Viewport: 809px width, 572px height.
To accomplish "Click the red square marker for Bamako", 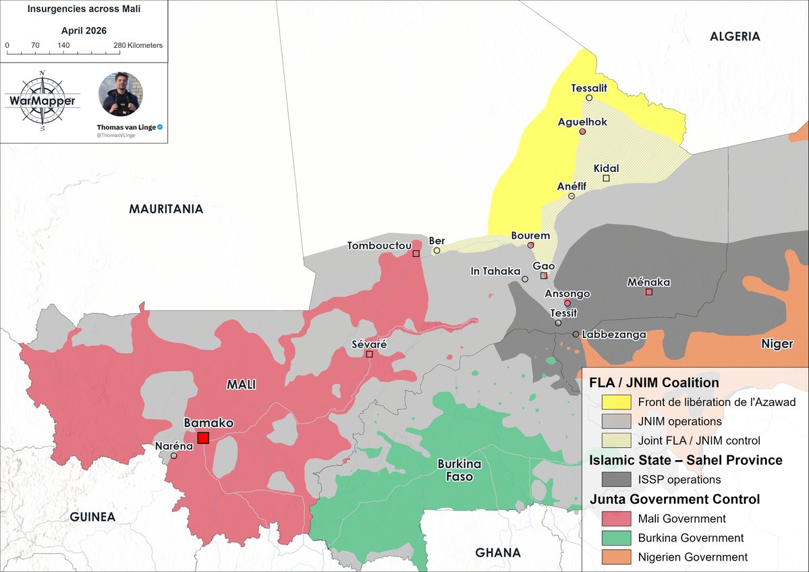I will point(203,438).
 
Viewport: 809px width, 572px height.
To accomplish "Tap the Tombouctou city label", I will point(379,246).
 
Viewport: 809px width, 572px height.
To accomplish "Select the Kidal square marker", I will point(606,178).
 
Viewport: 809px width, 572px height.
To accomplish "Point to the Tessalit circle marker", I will point(589,98).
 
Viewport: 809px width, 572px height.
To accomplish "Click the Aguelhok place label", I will point(582,122).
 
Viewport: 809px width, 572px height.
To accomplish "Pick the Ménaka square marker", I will point(648,292).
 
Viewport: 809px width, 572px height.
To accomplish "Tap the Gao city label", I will point(544,266).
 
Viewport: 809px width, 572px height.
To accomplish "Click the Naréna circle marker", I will point(174,455).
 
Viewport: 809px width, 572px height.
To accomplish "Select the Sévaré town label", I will point(369,344).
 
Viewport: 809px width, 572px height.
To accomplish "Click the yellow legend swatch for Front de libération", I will point(617,403).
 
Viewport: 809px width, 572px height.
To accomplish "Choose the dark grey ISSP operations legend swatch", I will point(617,480).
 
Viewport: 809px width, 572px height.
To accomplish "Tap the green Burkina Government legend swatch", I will point(617,538).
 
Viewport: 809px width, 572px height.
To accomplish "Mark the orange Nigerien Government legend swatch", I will point(617,557).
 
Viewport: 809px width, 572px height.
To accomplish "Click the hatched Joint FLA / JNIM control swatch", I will point(617,440).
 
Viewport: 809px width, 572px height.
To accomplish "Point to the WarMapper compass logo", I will point(42,101).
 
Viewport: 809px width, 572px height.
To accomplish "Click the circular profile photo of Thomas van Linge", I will point(121,94).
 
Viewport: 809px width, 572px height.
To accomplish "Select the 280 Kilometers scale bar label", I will point(138,45).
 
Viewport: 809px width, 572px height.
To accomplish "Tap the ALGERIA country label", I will point(735,36).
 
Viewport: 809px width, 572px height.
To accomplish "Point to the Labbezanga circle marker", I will point(576,335).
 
